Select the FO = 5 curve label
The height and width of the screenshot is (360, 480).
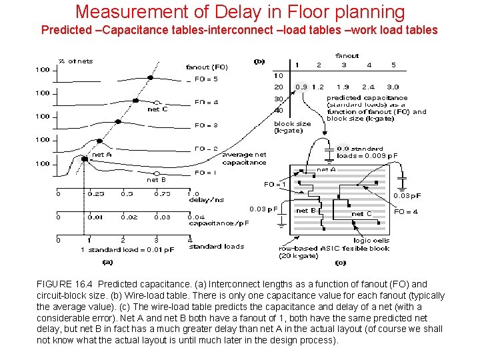click(206, 79)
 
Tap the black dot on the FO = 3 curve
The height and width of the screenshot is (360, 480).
click(118, 121)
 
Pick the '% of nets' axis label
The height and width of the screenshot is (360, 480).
click(75, 61)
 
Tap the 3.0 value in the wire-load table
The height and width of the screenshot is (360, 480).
click(393, 87)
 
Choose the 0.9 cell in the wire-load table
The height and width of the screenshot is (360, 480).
click(301, 87)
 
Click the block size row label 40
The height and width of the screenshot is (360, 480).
click(279, 111)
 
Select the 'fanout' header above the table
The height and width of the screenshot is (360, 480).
click(347, 56)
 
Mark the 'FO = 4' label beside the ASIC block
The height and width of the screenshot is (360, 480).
click(406, 211)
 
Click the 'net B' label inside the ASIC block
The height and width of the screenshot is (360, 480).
click(305, 211)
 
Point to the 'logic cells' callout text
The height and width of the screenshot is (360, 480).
click(371, 241)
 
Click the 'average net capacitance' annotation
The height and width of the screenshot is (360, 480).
click(244, 159)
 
